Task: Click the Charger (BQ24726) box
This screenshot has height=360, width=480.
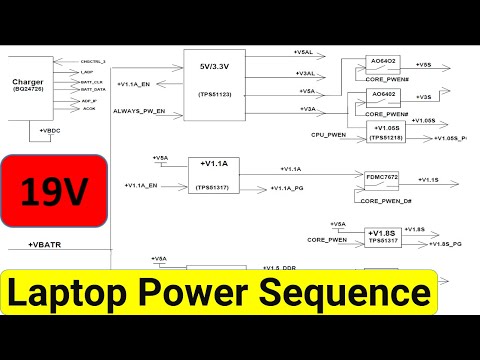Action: pos(36,88)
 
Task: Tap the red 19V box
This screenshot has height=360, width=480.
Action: pos(54,189)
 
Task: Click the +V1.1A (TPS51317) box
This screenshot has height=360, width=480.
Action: pos(215,174)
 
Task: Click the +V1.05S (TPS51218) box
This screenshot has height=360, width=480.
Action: pos(384,131)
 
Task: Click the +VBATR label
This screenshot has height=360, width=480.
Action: pos(46,245)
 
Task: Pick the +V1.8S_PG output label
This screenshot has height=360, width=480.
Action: pos(447,243)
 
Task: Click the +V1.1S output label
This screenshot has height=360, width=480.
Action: pos(430,179)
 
